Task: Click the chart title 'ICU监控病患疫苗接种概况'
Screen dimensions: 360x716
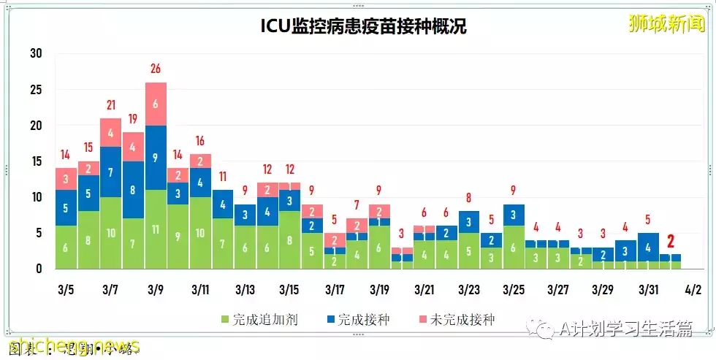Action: click(x=363, y=27)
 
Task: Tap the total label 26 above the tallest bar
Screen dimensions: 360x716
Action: click(x=156, y=69)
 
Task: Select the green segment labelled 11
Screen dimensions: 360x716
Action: click(x=156, y=229)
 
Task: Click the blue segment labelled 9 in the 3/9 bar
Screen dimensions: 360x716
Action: click(x=156, y=157)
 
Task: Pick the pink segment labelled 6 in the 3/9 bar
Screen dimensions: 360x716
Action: click(x=156, y=104)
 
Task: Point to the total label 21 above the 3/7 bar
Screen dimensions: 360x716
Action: click(x=111, y=105)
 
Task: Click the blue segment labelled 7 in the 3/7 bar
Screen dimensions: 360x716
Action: click(x=111, y=172)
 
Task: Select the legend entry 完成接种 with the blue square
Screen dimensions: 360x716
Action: click(x=357, y=320)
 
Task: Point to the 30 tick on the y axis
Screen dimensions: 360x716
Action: click(x=36, y=53)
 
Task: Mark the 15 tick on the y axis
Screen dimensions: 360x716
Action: click(x=36, y=161)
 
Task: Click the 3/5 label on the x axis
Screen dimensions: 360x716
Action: click(x=66, y=290)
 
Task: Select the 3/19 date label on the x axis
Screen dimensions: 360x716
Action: click(x=378, y=290)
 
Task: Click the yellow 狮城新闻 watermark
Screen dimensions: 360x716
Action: click(x=666, y=23)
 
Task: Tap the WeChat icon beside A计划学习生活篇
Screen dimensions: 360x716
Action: click(x=545, y=330)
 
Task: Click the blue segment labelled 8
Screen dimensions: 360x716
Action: click(x=133, y=190)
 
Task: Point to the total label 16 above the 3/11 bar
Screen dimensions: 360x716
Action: click(x=200, y=141)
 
